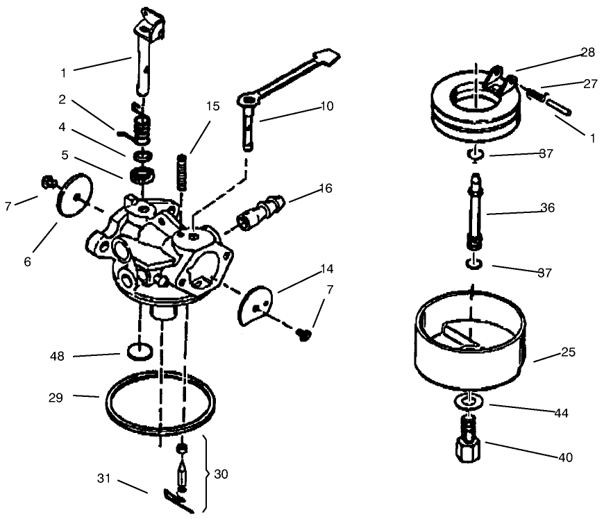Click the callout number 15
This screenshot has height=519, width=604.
[x=212, y=106]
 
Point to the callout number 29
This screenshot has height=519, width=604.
[x=56, y=398]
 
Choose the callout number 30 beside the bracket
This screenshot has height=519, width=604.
[x=221, y=475]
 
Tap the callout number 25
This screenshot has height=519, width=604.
[x=567, y=352]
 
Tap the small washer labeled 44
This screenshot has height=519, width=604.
[x=469, y=402]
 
